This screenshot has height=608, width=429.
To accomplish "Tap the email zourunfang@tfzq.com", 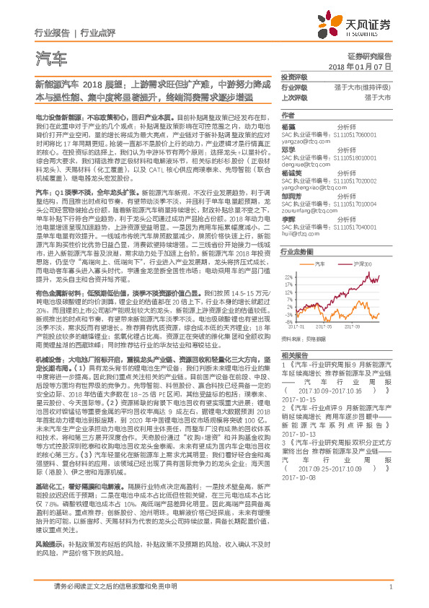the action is (x=306, y=210).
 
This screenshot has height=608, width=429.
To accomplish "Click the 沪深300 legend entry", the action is (x=360, y=265).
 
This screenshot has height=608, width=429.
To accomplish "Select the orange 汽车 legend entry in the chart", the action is (x=320, y=265).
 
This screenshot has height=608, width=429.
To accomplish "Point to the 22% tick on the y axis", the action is (x=288, y=276).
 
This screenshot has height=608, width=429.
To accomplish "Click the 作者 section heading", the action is (x=288, y=116).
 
